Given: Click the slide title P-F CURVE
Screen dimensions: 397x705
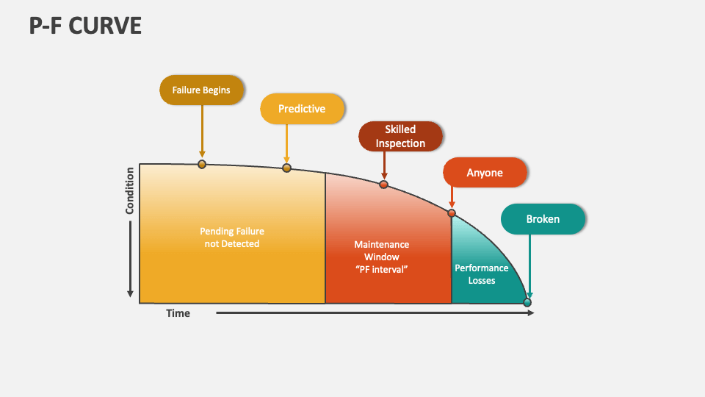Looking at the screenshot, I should point(85,26).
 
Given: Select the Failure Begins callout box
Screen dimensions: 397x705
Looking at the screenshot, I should point(201,90).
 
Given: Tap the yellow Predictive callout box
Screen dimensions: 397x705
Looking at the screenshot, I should point(302,109).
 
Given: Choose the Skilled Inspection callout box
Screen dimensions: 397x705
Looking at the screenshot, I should point(400,137).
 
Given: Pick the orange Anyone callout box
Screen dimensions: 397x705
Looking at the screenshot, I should point(485,173).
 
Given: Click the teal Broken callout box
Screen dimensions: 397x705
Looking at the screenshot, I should point(543,219).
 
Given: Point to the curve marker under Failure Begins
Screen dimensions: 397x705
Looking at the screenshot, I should point(202,164).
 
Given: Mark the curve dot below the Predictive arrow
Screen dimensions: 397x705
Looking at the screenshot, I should point(286,168).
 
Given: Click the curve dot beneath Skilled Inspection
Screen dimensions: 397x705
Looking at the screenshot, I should point(383,184).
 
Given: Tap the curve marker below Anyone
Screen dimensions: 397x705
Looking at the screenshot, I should point(452,214).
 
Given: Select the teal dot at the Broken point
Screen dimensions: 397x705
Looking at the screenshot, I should point(527,302).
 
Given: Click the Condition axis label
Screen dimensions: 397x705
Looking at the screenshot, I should point(130,191).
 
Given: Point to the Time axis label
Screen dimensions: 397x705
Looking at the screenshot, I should point(178,313).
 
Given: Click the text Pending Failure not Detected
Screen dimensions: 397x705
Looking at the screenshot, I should point(231,237).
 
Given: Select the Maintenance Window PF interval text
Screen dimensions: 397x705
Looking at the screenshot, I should point(382,257).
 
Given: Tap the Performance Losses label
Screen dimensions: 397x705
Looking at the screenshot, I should point(482,274).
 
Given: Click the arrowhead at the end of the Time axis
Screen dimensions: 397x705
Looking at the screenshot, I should point(530,313).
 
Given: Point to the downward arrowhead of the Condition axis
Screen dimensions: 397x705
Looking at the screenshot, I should point(131,293).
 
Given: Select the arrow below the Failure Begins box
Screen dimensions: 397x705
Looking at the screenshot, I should point(202,132).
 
